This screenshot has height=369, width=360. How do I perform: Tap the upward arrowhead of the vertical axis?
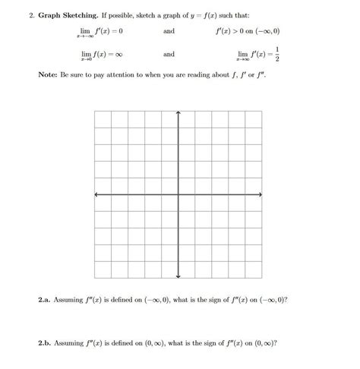[x=178, y=114]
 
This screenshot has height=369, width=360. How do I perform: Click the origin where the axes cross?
[x=178, y=195]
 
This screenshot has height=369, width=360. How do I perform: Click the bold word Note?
[x=47, y=77]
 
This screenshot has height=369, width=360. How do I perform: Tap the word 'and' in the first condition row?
[x=169, y=32]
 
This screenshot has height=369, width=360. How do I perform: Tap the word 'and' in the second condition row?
[x=169, y=54]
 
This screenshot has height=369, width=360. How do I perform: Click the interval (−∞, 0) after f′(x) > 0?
[x=260, y=32]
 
